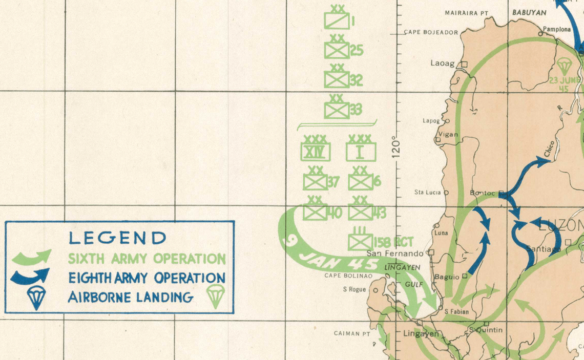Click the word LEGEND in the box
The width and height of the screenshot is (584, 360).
pyautogui.click(x=118, y=238)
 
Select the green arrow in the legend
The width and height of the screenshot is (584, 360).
pyautogui.click(x=31, y=256)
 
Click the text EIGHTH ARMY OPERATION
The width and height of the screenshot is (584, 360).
pyautogui.click(x=147, y=278)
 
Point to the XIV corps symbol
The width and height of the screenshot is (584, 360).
pyautogui.click(x=316, y=152)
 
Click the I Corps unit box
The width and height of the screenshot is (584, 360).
pyautogui.click(x=361, y=152)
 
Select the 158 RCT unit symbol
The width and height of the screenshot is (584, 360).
pyautogui.click(x=360, y=241)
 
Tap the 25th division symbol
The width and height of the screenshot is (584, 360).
pyautogui.click(x=337, y=50)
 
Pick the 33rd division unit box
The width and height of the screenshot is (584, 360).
pyautogui.click(x=337, y=109)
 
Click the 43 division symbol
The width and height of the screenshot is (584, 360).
pyautogui.click(x=360, y=212)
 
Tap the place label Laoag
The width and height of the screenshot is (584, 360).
pyautogui.click(x=443, y=64)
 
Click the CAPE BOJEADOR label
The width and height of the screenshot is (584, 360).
pyautogui.click(x=430, y=32)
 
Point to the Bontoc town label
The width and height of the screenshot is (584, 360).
pyautogui.click(x=483, y=193)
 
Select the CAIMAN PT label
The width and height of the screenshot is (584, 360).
pyautogui.click(x=351, y=333)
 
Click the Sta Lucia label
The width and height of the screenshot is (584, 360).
pyautogui.click(x=427, y=193)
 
